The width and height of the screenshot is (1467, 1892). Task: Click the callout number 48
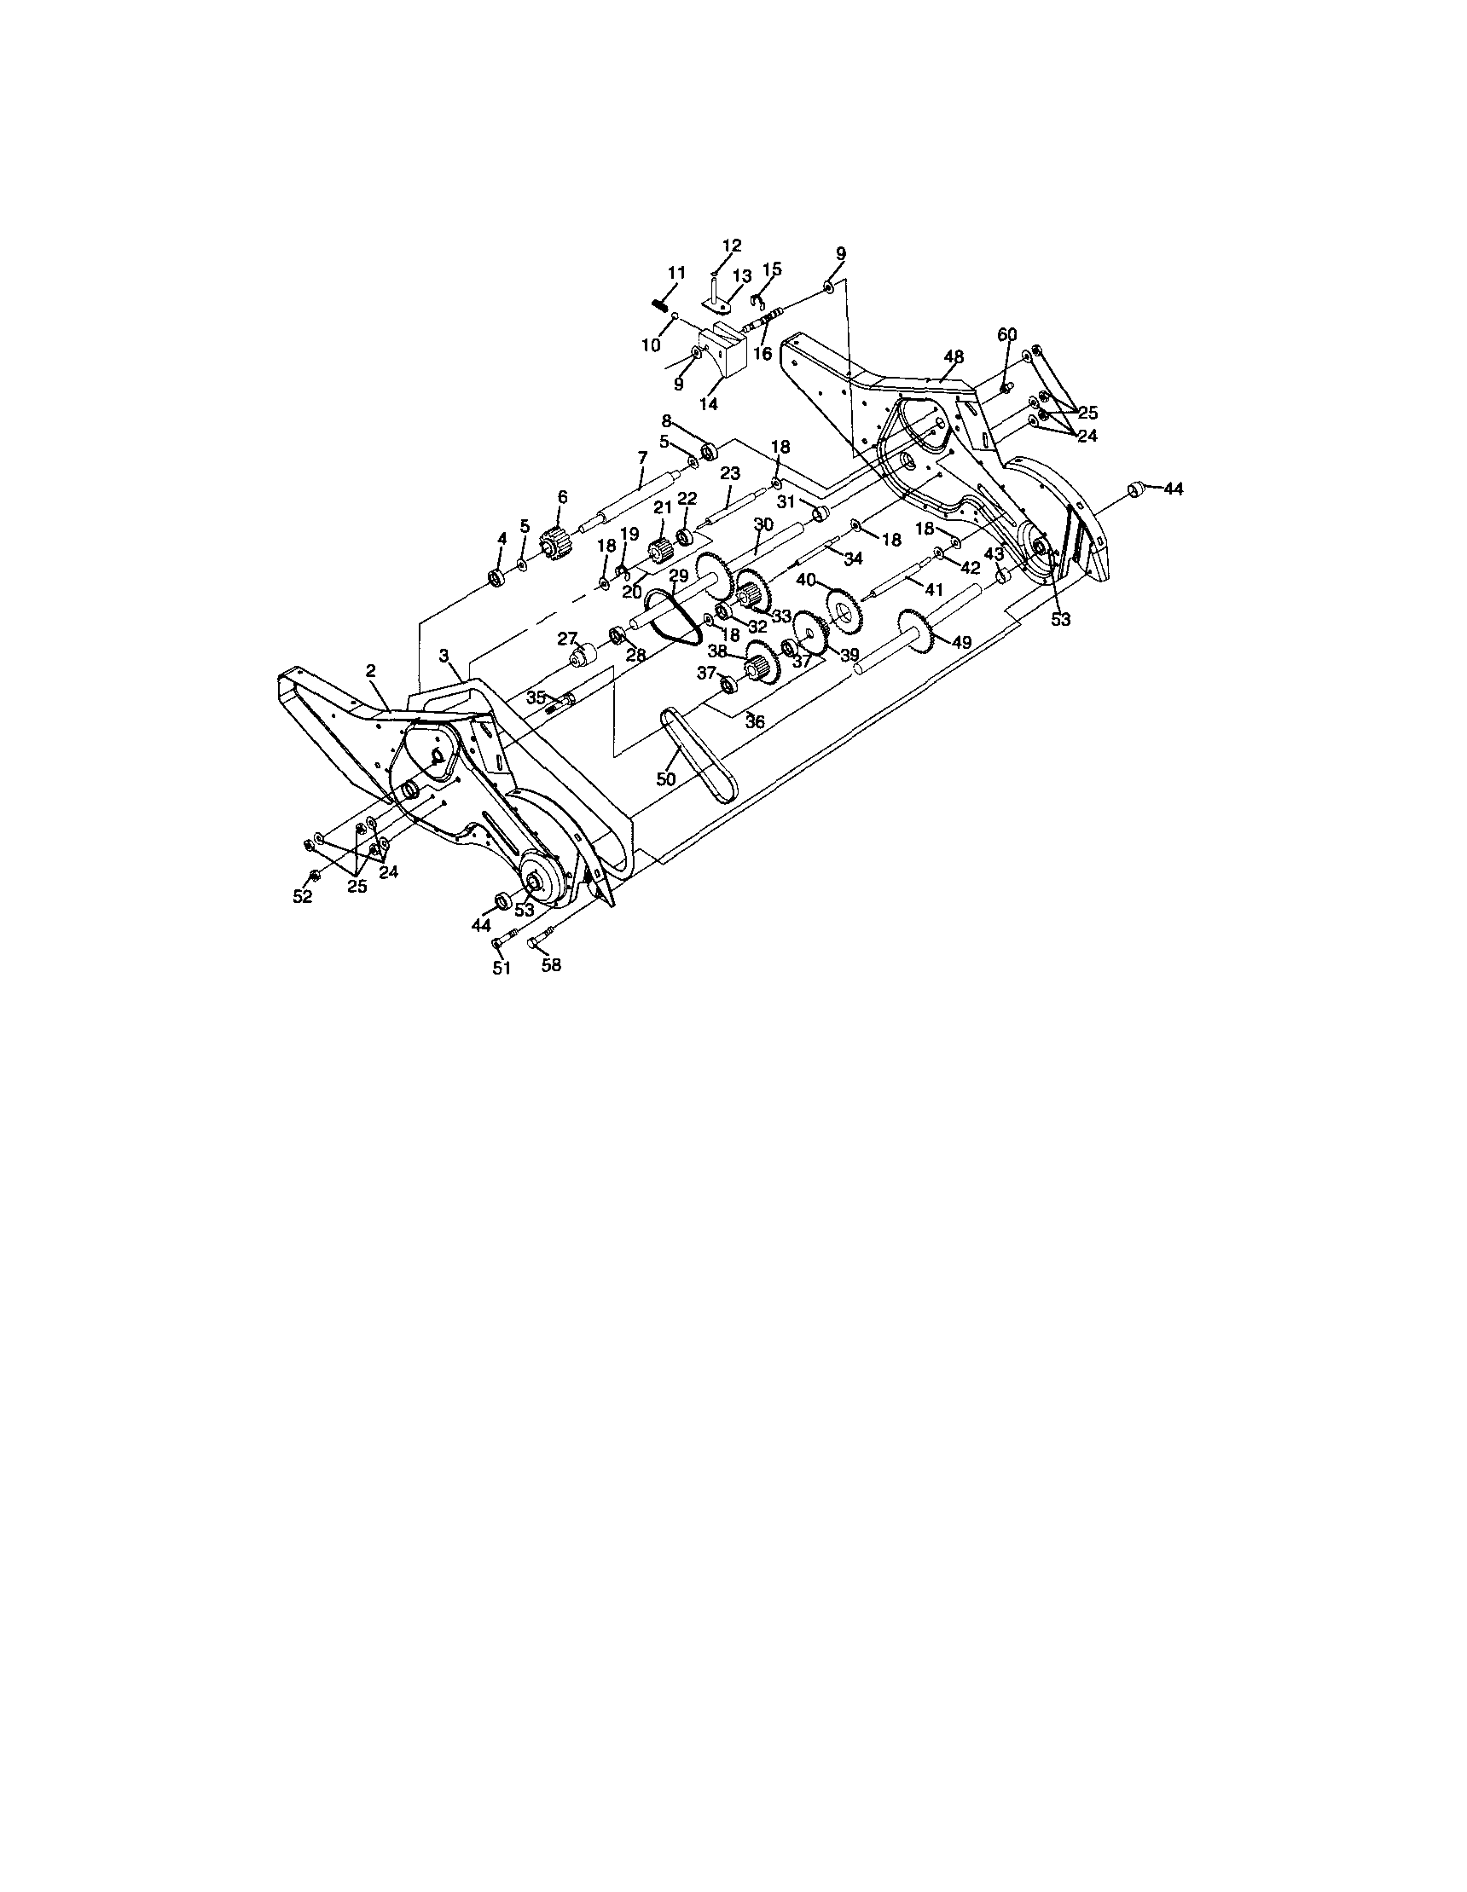954,356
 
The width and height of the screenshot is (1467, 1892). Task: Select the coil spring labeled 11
661,304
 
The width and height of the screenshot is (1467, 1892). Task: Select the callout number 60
1007,335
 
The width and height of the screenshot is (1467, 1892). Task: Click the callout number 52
302,898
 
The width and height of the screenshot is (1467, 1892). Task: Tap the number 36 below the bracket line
756,720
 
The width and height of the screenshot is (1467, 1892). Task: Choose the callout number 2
371,669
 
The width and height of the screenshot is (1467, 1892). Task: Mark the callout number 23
730,473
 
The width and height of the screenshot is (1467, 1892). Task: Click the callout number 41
933,589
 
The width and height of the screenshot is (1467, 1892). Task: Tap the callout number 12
732,246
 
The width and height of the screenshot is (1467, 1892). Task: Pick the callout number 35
536,697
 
